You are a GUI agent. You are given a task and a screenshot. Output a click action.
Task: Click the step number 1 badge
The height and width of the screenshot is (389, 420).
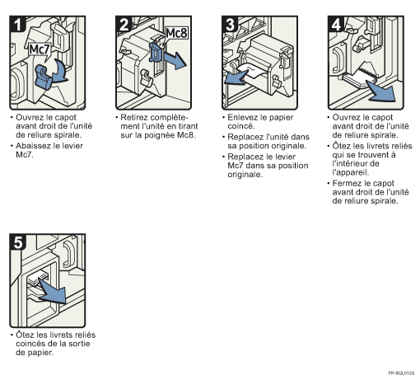18,24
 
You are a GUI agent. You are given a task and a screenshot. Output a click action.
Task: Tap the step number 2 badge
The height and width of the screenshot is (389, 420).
124,24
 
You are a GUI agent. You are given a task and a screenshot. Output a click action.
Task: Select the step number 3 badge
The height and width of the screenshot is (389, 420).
231,24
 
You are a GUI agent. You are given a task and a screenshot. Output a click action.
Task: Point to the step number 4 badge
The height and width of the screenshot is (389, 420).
336,24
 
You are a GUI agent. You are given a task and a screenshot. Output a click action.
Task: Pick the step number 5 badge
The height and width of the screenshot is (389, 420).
18,241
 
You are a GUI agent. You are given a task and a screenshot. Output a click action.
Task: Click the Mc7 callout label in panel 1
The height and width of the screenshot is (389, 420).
40,49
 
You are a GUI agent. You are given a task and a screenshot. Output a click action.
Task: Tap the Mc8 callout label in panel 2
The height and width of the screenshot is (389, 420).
177,33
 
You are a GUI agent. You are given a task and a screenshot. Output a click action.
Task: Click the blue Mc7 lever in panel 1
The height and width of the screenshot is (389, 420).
44,77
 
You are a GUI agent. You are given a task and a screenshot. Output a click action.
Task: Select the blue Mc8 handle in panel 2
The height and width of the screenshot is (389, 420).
156,52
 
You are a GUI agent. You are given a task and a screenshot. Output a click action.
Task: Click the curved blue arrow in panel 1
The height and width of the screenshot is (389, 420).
61,72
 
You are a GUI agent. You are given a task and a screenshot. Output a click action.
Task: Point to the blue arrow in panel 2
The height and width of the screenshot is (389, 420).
175,60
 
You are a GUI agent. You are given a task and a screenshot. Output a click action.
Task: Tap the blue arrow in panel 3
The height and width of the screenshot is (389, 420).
236,77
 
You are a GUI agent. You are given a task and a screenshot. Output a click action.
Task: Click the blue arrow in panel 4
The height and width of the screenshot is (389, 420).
381,91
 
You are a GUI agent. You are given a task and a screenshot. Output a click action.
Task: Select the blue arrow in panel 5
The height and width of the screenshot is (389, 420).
53,291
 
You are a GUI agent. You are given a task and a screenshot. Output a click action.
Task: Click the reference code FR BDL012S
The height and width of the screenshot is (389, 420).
401,373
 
